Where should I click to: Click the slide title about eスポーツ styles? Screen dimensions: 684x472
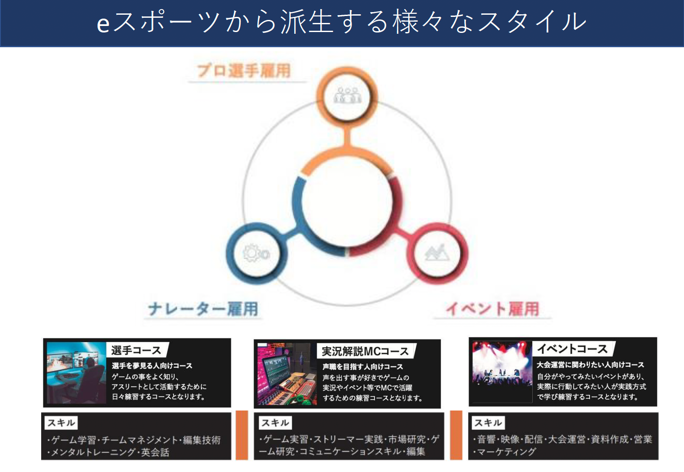click(342, 22)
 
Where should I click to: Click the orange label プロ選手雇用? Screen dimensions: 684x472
click(244, 71)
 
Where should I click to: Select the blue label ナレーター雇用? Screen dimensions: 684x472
click(203, 309)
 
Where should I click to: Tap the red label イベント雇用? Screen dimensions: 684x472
click(492, 309)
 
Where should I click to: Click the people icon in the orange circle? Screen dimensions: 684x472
click(347, 96)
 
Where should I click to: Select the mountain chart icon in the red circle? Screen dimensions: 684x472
click(436, 253)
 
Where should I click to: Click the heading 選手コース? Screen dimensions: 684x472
click(136, 350)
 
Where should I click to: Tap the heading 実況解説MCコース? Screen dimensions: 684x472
click(365, 351)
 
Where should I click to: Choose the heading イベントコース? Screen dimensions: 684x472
click(572, 349)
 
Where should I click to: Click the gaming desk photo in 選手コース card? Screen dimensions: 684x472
click(76, 373)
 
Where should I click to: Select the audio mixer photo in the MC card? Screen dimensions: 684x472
click(287, 374)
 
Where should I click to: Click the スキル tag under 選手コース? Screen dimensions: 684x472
click(61, 423)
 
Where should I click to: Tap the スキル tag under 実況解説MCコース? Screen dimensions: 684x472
click(275, 423)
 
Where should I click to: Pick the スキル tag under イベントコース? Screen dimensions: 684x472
click(488, 423)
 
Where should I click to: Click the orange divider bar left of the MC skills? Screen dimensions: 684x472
click(242, 435)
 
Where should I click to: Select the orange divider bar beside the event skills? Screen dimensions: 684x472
click(456, 435)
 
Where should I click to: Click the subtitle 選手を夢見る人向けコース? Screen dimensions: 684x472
click(152, 366)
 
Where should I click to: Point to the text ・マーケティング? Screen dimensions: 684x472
click(505, 452)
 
